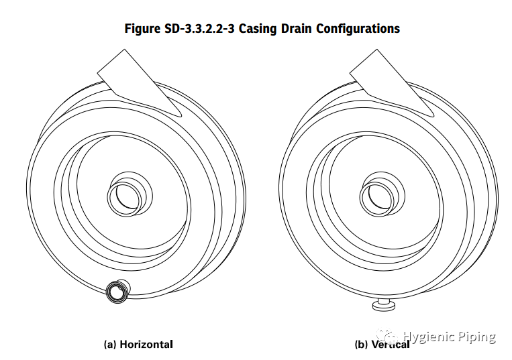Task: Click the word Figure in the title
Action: click(x=142, y=29)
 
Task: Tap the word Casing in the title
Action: click(x=258, y=29)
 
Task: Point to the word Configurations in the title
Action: click(x=358, y=29)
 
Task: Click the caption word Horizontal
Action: click(x=146, y=345)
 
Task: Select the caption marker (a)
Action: click(x=110, y=345)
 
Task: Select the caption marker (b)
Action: click(x=361, y=345)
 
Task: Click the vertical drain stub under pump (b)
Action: click(x=385, y=304)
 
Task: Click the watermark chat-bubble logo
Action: click(x=388, y=336)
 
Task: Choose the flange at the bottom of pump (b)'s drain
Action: click(x=385, y=306)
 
